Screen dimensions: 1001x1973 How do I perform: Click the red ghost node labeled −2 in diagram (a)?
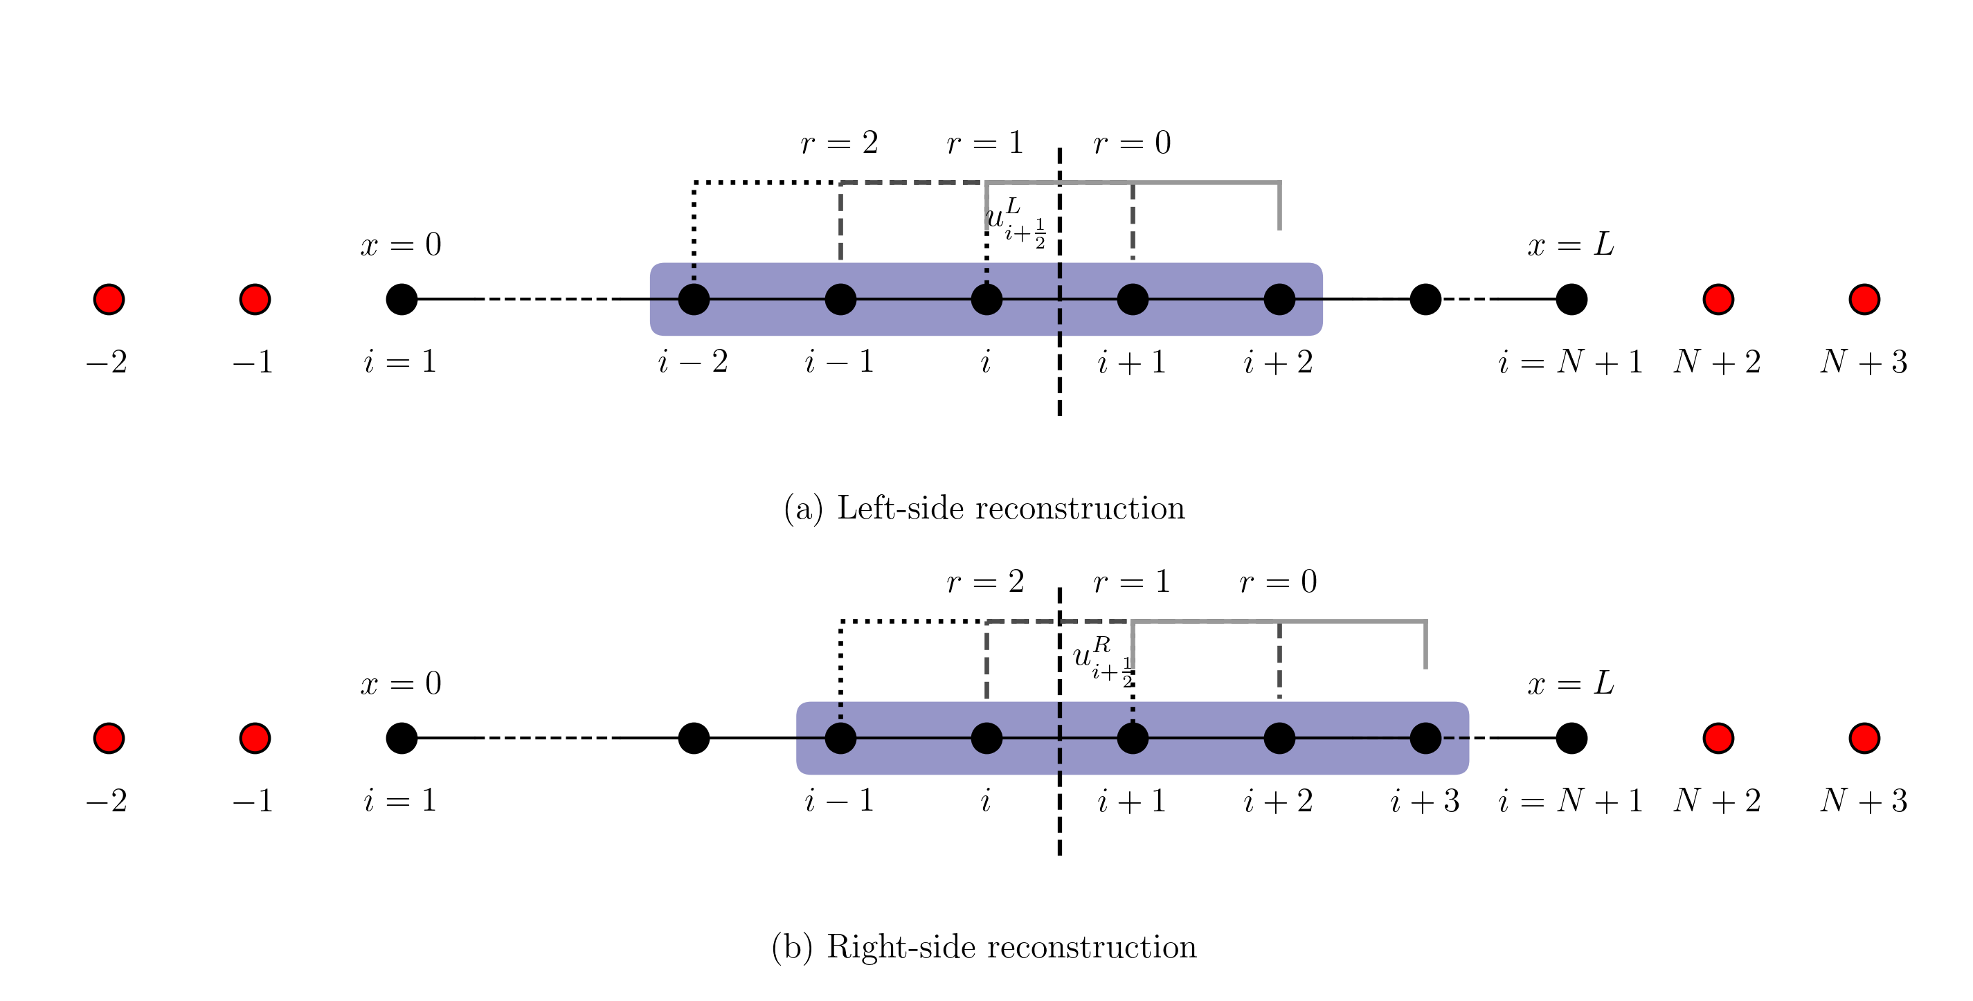(109, 300)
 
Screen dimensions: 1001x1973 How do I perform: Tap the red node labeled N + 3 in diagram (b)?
(1864, 739)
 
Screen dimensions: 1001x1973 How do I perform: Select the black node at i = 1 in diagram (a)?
(402, 300)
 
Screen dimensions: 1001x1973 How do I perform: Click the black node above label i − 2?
(694, 300)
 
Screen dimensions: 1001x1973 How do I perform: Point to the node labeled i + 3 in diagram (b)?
(1425, 739)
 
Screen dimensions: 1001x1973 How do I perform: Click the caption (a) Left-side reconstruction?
(984, 509)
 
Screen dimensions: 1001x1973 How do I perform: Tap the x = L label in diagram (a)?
(1571, 245)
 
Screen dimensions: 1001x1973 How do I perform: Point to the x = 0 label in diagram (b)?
(401, 683)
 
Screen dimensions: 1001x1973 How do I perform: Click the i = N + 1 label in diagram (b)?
(1571, 801)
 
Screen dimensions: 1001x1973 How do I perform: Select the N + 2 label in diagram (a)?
(1717, 362)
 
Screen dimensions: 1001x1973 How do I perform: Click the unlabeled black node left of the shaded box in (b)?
(694, 739)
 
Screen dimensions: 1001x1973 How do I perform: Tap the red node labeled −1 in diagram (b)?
(255, 739)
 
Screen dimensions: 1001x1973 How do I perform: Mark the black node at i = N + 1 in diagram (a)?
(1571, 300)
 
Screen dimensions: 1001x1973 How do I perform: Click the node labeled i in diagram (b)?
(986, 739)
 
